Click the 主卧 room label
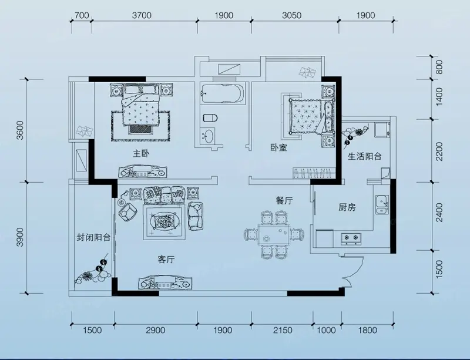pos(141,154)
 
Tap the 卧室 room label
pos(278,147)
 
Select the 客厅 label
pos(166,260)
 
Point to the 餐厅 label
pos(284,200)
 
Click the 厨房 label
pos(347,207)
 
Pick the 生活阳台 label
pos(364,156)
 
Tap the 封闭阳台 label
pos(93,238)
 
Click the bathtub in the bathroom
pos(223,93)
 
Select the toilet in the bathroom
pos(210,118)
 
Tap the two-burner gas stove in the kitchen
pos(351,238)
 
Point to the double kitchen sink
pos(382,205)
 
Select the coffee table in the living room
pos(164,222)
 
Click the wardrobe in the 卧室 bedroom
pos(314,173)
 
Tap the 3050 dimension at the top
pos(291,15)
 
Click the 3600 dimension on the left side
pos(20,130)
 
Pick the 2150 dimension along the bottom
pos(283,330)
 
